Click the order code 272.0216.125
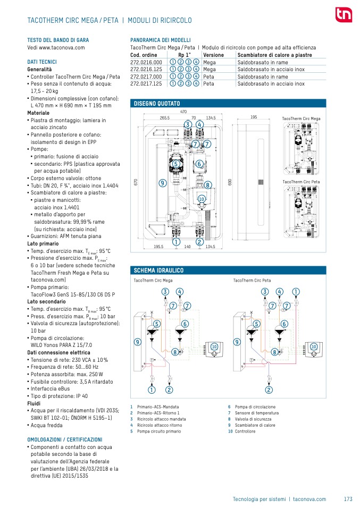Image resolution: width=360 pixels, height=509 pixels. [x=146, y=69]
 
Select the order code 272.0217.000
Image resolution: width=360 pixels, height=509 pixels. [x=146, y=77]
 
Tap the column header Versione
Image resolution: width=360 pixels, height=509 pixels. [x=213, y=55]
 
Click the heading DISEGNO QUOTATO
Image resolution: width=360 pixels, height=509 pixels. [x=157, y=103]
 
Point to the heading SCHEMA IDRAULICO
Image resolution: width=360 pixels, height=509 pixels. [x=158, y=270]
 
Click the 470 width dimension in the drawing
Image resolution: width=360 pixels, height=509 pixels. [x=183, y=112]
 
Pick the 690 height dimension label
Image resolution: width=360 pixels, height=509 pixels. [x=230, y=182]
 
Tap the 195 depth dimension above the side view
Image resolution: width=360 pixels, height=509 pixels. [x=254, y=117]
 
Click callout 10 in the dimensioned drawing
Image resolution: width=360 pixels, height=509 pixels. [x=202, y=199]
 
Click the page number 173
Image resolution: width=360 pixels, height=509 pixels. [x=348, y=499]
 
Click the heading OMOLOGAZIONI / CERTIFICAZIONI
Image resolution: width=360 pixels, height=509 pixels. [x=64, y=439]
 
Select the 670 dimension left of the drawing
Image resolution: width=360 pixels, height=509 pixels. [x=136, y=182]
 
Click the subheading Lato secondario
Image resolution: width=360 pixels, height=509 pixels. [x=46, y=302]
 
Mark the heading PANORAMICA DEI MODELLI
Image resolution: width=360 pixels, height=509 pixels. [x=161, y=40]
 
